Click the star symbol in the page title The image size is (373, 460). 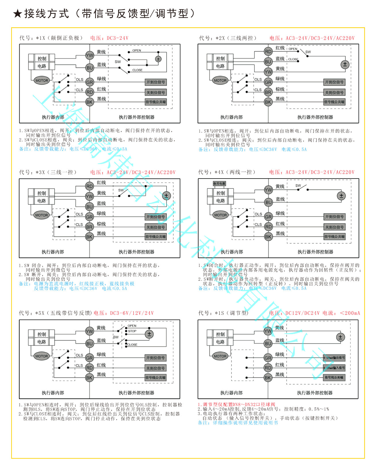tap(18, 14)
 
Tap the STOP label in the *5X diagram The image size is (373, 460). tap(132, 331)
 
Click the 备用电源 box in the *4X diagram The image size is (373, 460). tap(219, 183)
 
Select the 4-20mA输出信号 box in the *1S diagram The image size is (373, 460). tap(334, 358)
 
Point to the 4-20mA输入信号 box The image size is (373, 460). tap(334, 368)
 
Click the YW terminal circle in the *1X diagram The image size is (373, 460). tap(90, 55)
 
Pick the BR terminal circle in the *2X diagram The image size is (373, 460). tap(268, 92)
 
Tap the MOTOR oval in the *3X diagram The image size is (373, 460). tap(41, 215)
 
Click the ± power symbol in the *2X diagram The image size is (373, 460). tap(345, 64)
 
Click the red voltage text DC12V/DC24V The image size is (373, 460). tap(302, 313)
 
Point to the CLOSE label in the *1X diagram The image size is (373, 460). tap(137, 70)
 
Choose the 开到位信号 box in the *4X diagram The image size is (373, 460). tap(334, 217)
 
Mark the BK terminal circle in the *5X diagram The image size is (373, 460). tap(89, 378)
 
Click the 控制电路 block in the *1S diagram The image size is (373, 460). tap(220, 338)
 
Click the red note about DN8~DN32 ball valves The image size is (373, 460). tap(236, 405)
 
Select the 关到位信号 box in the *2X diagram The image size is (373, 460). tap(334, 93)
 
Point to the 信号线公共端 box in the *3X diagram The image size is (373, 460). tap(155, 237)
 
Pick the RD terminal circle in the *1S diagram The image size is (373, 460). tap(268, 368)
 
